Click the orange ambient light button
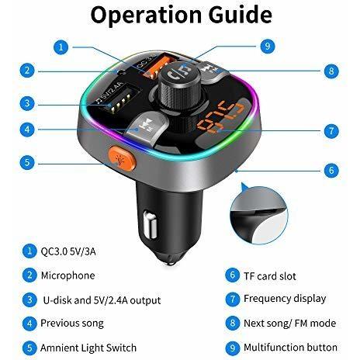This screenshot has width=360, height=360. pyautogui.click(x=123, y=158)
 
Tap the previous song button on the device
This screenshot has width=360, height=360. pyautogui.click(x=144, y=126)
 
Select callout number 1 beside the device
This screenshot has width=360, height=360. pyautogui.click(x=61, y=47)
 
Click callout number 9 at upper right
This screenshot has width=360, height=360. pyautogui.click(x=267, y=47)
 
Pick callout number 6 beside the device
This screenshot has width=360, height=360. pyautogui.click(x=331, y=171)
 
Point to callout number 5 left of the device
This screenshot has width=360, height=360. pyautogui.click(x=27, y=162)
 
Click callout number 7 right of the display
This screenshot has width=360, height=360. pyautogui.click(x=331, y=130)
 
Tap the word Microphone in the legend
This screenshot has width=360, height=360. pyautogui.click(x=67, y=275)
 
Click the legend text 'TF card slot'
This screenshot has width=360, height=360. pyautogui.click(x=270, y=276)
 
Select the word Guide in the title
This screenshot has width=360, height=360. pyautogui.click(x=240, y=15)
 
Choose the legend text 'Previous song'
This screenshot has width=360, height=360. pyautogui.click(x=72, y=324)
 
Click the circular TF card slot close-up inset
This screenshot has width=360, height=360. pyautogui.click(x=259, y=215)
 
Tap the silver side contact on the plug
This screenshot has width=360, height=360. pyautogui.click(x=150, y=224)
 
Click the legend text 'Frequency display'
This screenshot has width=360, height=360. pyautogui.click(x=285, y=299)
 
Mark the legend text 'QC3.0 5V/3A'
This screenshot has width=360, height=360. pyautogui.click(x=68, y=251)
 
